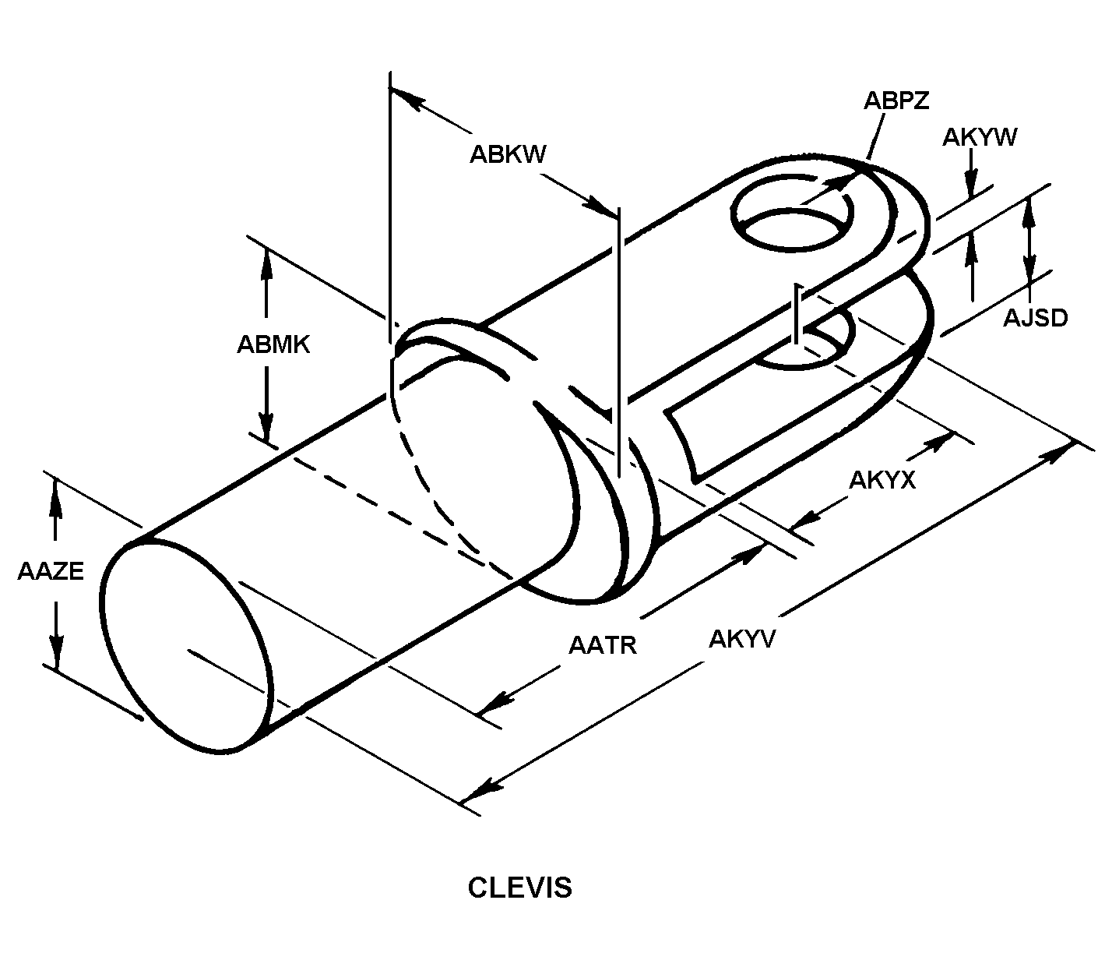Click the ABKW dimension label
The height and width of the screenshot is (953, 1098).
507,154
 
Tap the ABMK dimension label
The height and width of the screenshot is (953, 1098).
273,344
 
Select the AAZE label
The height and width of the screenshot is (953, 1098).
51,571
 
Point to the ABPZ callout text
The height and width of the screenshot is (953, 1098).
896,101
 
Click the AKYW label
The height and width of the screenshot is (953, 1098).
980,137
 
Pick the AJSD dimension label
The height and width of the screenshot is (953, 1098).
1035,318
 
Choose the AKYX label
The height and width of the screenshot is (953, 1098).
882,480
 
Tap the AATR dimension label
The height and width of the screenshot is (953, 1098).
603,645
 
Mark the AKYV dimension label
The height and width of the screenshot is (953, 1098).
742,639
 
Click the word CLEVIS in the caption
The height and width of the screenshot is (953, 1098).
519,888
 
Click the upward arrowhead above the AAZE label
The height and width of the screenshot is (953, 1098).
55,492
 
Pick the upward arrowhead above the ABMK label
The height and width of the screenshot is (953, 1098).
266,261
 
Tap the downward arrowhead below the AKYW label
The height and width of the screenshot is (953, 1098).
971,185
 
